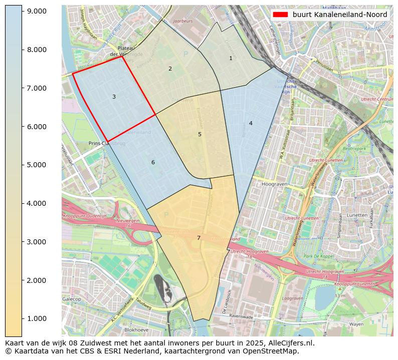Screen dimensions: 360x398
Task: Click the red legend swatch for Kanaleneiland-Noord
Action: click(281, 15)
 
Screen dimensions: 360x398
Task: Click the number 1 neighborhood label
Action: click(231, 59)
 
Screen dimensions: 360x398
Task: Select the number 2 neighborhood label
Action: click(170, 69)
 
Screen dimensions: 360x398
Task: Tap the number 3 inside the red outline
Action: click(114, 97)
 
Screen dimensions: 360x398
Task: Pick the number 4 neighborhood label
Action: click(251, 124)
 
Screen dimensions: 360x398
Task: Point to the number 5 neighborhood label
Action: click(200, 135)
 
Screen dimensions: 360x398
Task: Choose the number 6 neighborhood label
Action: click(153, 163)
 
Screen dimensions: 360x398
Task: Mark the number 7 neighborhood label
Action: click(198, 238)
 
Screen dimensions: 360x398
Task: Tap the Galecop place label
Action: click(72, 299)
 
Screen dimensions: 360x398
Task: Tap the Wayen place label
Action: click(356, 324)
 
